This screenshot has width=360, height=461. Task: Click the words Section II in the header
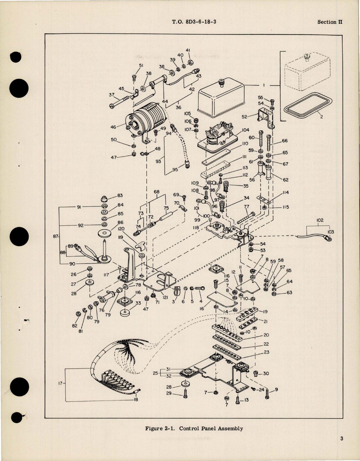point(330,22)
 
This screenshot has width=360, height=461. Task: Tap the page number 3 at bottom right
point(342,439)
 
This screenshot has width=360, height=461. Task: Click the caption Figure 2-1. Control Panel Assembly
point(194,428)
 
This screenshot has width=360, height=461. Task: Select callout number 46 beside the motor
point(113,127)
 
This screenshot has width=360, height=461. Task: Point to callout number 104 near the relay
point(245,130)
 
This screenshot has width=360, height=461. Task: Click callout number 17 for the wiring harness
point(60,383)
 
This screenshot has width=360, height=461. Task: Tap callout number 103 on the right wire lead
point(331,232)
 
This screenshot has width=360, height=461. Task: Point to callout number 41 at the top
point(188,50)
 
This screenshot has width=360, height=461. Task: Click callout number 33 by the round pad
point(138,303)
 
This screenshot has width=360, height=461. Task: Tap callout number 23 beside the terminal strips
point(266,352)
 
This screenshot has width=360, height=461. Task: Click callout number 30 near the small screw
point(266,373)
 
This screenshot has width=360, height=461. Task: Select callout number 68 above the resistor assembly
point(156,192)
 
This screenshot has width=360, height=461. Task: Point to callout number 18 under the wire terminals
point(136,399)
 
